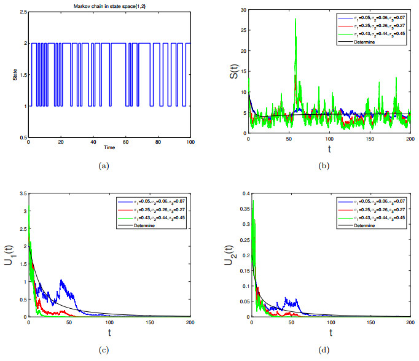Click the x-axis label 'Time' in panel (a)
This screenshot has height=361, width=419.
pos(109,148)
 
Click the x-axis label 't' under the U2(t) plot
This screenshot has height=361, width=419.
pos(330,333)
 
